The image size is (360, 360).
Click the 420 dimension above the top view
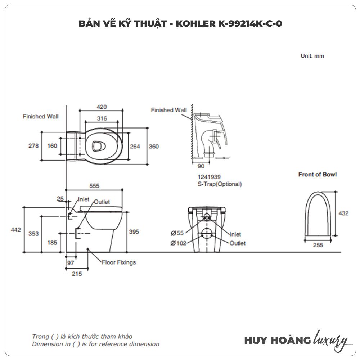tap(102, 107)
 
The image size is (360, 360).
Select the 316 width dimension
tap(102, 118)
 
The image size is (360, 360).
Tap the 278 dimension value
tap(33, 146)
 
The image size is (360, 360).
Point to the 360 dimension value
tap(154, 146)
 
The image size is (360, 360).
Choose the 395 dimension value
tap(134, 231)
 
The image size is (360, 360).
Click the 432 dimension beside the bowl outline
tap(344, 213)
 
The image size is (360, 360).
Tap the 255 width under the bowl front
tap(318, 245)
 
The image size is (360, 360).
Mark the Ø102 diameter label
tap(179, 243)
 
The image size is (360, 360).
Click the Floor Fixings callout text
tap(118, 262)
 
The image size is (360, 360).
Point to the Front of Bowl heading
tap(318, 175)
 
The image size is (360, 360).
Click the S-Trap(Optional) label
tap(217, 184)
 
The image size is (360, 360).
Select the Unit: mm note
tap(312, 56)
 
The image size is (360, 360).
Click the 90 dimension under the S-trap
tap(201, 166)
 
